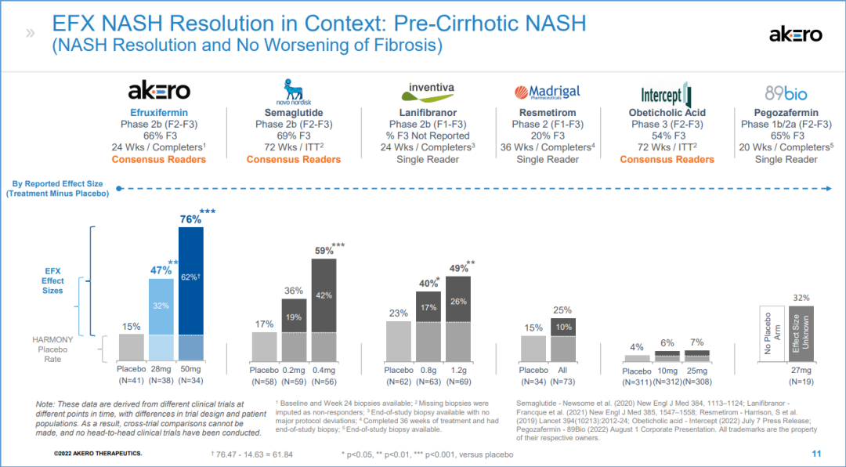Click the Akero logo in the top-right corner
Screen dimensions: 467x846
point(795,34)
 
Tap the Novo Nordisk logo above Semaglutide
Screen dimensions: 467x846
point(294,92)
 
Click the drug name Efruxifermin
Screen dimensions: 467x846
point(159,113)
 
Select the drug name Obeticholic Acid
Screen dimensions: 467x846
point(667,113)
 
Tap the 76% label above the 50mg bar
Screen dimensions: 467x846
point(191,219)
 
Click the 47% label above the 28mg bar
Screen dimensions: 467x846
point(161,270)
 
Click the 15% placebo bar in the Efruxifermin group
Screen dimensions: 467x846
point(132,347)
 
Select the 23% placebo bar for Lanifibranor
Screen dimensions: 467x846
point(398,341)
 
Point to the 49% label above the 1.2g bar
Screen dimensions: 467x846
point(458,269)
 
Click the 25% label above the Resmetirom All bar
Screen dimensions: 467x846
point(562,310)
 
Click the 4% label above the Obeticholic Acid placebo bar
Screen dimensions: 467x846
point(636,346)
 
